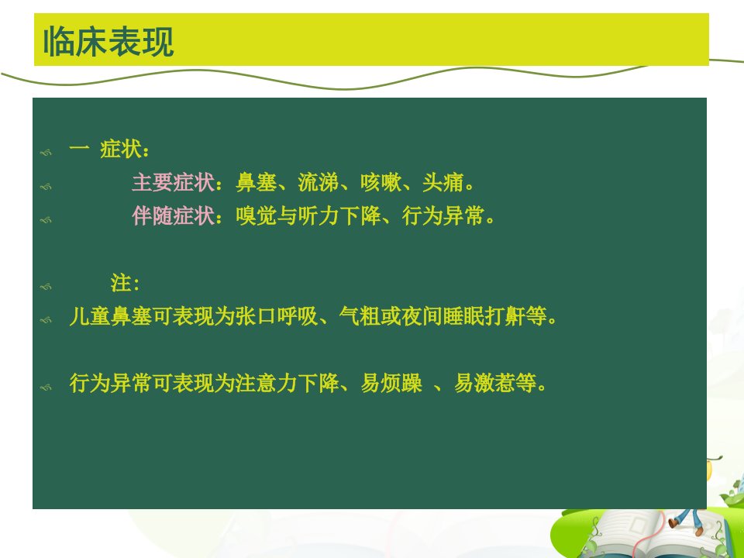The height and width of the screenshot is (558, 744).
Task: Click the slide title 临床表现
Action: click(108, 41)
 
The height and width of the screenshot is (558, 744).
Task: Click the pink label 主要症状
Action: click(173, 182)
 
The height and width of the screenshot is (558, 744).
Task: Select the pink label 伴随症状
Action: click(173, 215)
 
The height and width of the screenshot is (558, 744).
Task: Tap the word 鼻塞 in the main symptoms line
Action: click(257, 182)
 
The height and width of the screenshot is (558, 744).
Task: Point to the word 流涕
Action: click(319, 182)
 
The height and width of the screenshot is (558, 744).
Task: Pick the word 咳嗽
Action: click(381, 182)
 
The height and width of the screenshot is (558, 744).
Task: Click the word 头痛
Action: click(443, 182)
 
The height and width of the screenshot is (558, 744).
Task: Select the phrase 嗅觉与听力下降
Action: click(308, 215)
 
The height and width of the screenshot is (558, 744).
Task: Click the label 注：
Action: click(126, 283)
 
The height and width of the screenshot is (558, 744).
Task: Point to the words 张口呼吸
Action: click(277, 316)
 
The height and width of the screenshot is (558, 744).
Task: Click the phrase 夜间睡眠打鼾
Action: click(463, 316)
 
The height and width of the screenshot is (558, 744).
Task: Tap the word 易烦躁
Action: click(391, 383)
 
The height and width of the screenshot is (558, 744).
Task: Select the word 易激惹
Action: click(484, 383)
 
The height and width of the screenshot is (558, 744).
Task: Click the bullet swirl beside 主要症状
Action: click(46, 187)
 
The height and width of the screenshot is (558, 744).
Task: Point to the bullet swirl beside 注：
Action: click(46, 287)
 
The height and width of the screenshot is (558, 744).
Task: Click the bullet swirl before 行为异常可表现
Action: click(46, 387)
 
